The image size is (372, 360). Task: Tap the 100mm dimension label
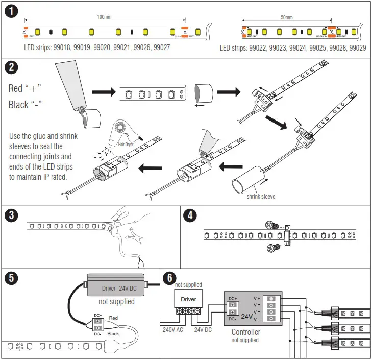pyautogui.click(x=104, y=17)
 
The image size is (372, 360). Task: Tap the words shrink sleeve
pyautogui.click(x=261, y=196)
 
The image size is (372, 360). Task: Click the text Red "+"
pyautogui.click(x=24, y=88)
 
